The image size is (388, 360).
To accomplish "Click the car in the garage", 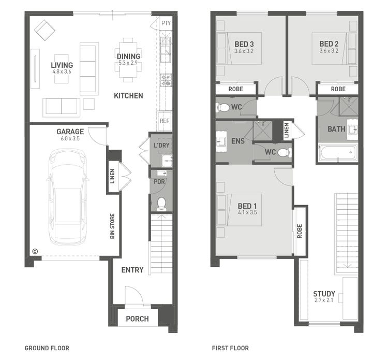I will pos(68,197).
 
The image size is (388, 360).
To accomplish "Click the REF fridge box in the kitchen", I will pos(165,121).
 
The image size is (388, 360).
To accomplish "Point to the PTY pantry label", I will pos(166,23).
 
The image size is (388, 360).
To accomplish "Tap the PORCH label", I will pos(137,319).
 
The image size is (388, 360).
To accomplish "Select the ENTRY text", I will pos(132,270).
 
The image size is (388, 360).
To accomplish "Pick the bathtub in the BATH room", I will pos(338,153).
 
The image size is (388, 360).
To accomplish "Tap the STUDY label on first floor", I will pos(324,294).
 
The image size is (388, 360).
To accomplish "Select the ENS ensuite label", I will pos(238,141).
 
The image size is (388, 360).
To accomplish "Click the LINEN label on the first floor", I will pos(287,131).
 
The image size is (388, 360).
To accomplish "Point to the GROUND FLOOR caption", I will pos(47,348).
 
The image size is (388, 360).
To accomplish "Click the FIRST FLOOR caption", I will pos(230,348).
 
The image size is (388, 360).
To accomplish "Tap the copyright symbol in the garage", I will pos(35,252).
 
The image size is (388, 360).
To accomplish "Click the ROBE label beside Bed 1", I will pos(300,230).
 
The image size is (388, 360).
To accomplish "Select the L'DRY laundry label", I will pos(161,146).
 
